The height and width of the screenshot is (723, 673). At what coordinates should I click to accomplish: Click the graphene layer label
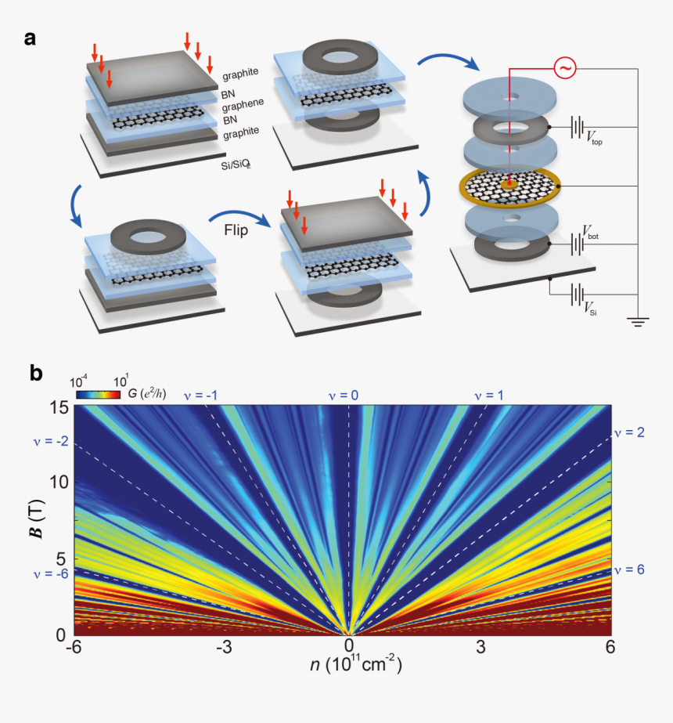tap(242, 103)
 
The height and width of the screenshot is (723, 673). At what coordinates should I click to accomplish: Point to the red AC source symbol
tap(565, 69)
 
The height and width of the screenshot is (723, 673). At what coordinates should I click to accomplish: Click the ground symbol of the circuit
tap(640, 320)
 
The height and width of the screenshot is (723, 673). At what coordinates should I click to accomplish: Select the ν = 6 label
tap(629, 569)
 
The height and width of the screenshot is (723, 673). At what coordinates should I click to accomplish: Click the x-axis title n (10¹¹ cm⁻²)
tap(348, 668)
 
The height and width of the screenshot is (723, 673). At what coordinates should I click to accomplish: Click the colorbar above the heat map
tap(98, 395)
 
